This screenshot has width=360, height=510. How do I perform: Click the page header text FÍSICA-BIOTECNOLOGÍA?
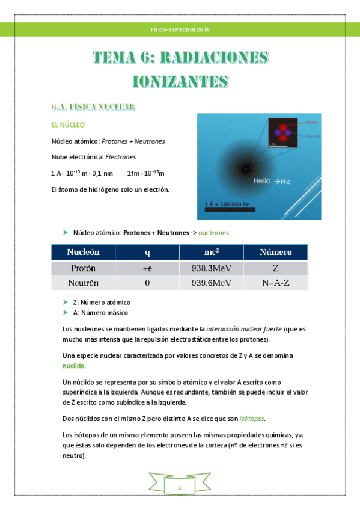point(180,29)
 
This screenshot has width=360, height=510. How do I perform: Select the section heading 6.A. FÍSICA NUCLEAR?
point(93,107)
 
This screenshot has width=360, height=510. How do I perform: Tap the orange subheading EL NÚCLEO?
point(69,125)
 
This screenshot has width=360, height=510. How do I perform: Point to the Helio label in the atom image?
point(262,180)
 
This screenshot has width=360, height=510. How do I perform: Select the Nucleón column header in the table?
point(83,252)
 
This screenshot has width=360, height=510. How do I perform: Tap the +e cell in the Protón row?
point(147,268)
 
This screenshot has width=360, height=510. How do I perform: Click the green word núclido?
point(74,366)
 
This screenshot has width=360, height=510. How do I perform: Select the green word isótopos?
point(252,419)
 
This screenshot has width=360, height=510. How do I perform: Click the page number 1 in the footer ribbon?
point(179,487)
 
